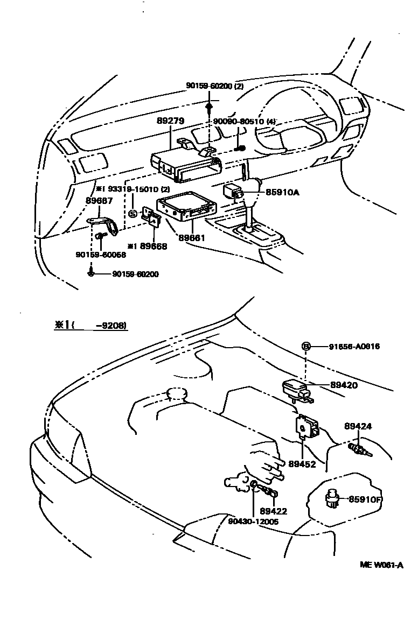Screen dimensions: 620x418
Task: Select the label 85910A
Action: point(281,191)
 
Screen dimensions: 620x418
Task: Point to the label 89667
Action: point(99,201)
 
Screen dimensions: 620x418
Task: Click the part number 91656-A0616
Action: point(354,347)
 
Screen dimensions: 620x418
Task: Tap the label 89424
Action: point(358,427)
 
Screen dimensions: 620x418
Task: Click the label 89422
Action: point(273,511)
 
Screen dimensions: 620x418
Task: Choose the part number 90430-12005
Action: point(253,521)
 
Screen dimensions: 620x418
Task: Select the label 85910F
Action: point(365,499)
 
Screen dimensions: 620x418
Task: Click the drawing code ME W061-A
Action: point(382,565)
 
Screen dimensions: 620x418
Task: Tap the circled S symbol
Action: point(134,213)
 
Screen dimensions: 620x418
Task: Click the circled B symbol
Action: point(305,347)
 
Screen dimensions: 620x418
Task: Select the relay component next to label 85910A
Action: point(233,192)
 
